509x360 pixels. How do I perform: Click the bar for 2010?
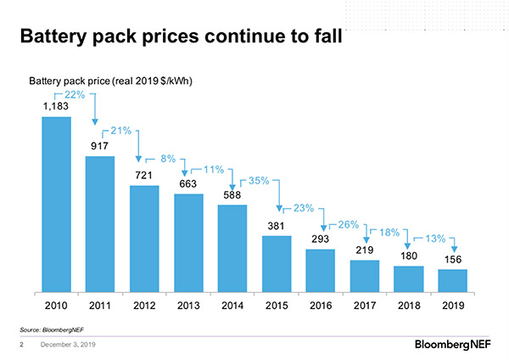pos(56,204)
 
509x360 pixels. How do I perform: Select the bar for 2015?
pos(277,263)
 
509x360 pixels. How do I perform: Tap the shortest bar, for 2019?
pos(453,281)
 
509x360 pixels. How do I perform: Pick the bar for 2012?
pos(144,239)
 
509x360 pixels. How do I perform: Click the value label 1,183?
pos(56,107)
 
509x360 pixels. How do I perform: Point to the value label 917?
pos(100,146)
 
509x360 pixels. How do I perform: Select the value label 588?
pos(232,194)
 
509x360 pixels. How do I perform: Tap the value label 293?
pos(321,239)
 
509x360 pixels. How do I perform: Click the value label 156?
pos(453,259)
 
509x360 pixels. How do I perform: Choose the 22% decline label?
pos(73,94)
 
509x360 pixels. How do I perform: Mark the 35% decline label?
pos(259,181)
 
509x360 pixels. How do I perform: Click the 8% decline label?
pos(168,158)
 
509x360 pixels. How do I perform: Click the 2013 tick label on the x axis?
pos(188,304)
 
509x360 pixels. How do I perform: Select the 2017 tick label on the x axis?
pos(365,304)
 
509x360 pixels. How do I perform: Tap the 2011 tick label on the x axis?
pos(100,304)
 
